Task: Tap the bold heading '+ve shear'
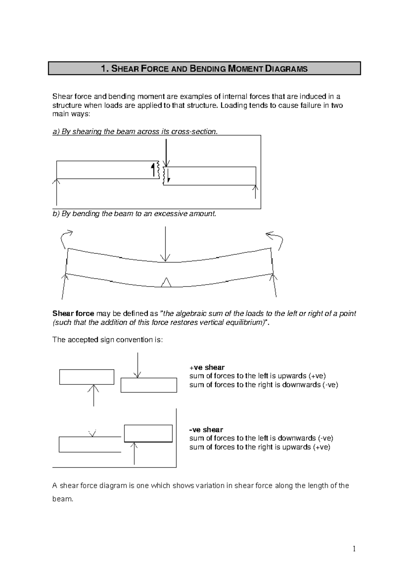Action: click(x=207, y=367)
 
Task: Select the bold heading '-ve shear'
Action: click(x=206, y=430)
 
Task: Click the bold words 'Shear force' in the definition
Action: click(x=73, y=314)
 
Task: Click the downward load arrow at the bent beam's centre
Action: click(x=165, y=244)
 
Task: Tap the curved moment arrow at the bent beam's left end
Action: click(x=66, y=239)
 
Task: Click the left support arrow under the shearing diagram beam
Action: click(x=56, y=193)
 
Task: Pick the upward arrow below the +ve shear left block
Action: click(x=94, y=395)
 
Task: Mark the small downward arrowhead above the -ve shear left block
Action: click(x=92, y=433)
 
